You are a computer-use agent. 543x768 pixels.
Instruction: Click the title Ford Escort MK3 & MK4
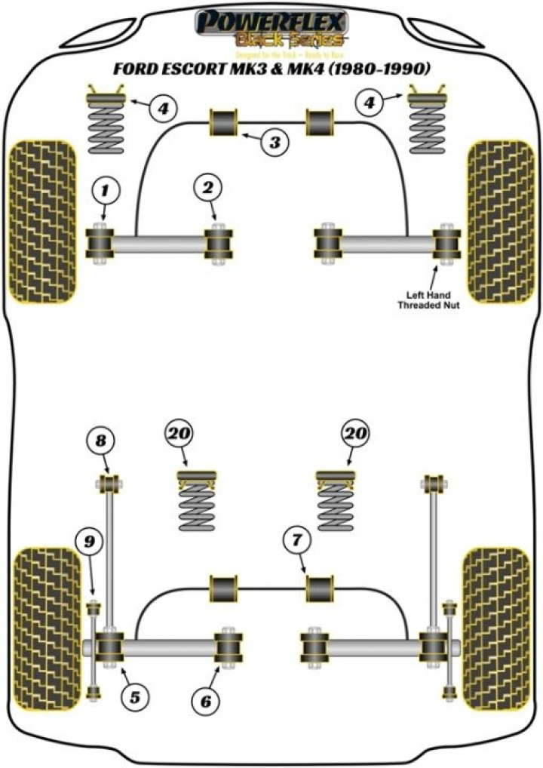(271, 69)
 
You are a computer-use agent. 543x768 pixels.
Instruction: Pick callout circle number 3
(275, 141)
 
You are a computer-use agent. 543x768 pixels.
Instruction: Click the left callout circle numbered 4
(163, 109)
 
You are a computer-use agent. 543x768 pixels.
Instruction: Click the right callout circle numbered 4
(370, 103)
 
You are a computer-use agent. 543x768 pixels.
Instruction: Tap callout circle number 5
(135, 698)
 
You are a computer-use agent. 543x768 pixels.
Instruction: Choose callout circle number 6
(206, 702)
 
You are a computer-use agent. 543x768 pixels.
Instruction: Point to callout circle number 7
(296, 541)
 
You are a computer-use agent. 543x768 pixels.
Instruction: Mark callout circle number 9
(88, 540)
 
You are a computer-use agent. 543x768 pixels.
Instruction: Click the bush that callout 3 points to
(224, 123)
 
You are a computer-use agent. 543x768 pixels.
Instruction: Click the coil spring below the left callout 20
(196, 508)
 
